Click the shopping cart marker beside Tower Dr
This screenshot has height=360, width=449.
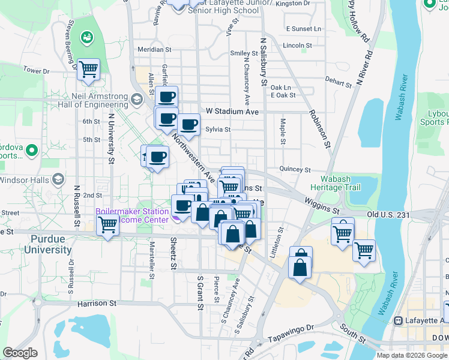(88, 69)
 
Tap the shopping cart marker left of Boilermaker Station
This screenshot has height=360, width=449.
(108, 226)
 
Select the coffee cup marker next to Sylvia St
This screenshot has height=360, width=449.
(188, 125)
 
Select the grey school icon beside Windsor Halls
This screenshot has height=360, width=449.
(58, 179)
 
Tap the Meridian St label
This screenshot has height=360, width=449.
(154, 50)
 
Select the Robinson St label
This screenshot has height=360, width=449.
(319, 128)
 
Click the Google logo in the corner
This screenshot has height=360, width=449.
(20, 353)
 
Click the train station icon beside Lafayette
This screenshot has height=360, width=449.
(397, 320)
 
